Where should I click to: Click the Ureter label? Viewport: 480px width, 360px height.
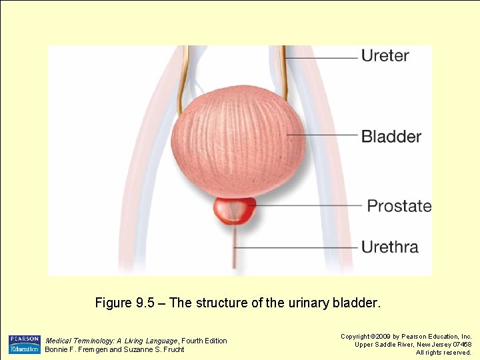pos(385,55)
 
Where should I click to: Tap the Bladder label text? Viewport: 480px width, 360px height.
pos(391,137)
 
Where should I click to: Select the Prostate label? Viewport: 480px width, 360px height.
pos(399,206)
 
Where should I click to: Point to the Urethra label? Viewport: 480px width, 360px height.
pos(389,247)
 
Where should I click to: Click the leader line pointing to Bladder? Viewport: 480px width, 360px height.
pos(323,135)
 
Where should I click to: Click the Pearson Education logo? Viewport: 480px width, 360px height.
pos(24,344)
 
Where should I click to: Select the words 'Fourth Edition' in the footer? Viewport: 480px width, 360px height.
pos(205,341)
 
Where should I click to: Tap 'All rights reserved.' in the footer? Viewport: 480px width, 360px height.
pos(443,353)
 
